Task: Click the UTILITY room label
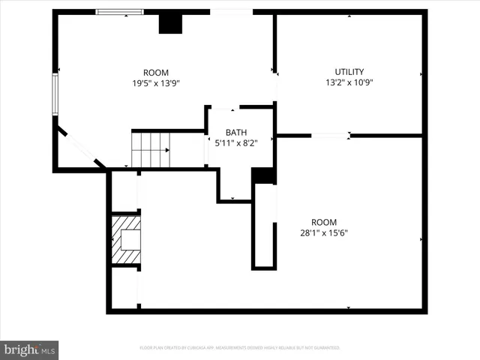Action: [x=349, y=72]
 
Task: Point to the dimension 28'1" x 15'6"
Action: [x=324, y=232]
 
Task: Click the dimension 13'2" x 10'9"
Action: [x=349, y=82]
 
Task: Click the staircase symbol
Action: [x=151, y=149]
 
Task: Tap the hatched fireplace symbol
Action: [x=126, y=239]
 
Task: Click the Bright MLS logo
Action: [x=30, y=349]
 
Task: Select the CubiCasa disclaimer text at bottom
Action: [x=240, y=348]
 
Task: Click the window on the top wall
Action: [x=119, y=12]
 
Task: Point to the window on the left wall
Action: [x=55, y=93]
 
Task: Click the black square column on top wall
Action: [x=170, y=23]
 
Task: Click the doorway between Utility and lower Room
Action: [x=330, y=136]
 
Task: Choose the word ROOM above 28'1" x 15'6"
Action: [x=324, y=222]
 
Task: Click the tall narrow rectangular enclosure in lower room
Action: [x=264, y=225]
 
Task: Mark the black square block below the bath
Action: [x=262, y=175]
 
